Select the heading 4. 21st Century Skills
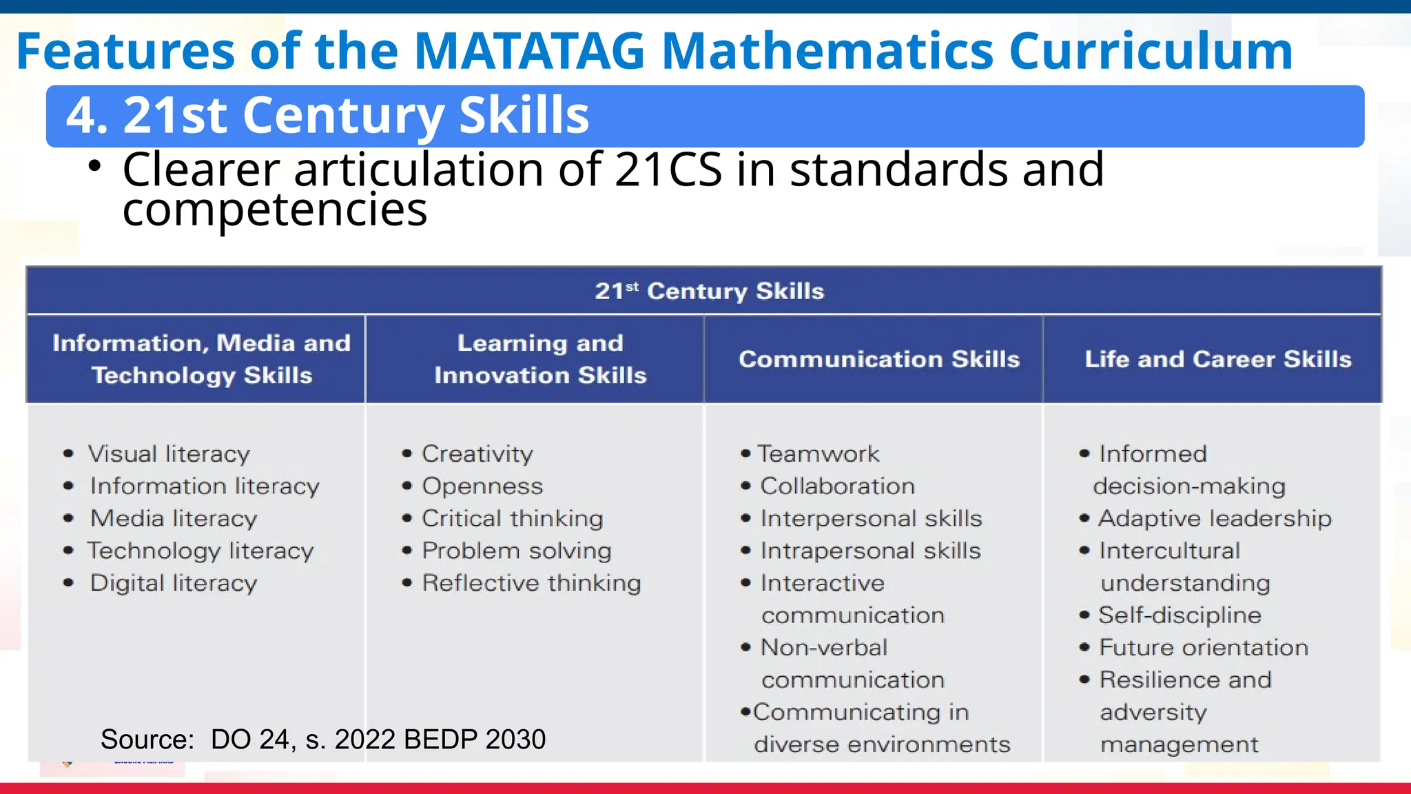pos(327,115)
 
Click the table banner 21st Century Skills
pos(709,291)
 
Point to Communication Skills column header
pos(878,359)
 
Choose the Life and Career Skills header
pos(1217,359)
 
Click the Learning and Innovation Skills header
pos(540,359)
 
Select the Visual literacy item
pos(169,454)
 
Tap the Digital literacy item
pos(174,583)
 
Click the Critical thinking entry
pos(512,518)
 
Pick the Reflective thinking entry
pos(531,583)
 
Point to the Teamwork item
pos(818,454)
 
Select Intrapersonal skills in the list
pos(870,551)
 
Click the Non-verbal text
pos(824,648)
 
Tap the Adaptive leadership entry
pos(1215,518)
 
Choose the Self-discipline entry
pos(1180,615)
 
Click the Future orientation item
pos(1204,648)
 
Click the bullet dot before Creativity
pos(407,454)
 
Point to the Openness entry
pos(482,487)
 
